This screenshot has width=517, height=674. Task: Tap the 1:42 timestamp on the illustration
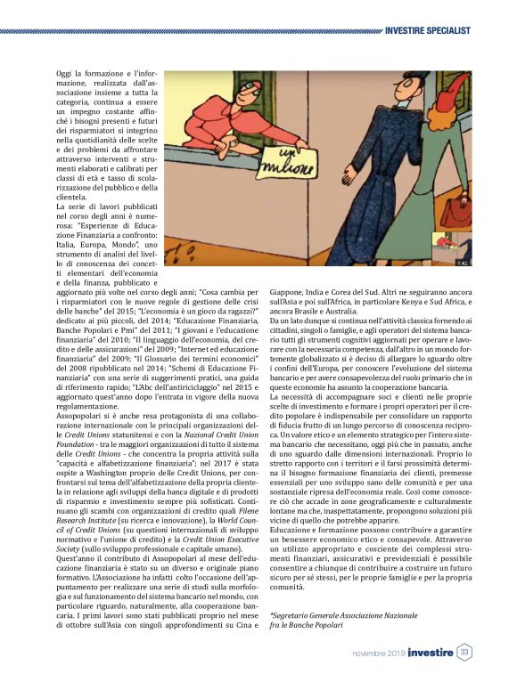[463, 264]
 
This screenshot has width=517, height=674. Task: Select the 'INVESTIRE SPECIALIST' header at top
[427, 31]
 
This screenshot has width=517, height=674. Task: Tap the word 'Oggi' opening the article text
[65, 72]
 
